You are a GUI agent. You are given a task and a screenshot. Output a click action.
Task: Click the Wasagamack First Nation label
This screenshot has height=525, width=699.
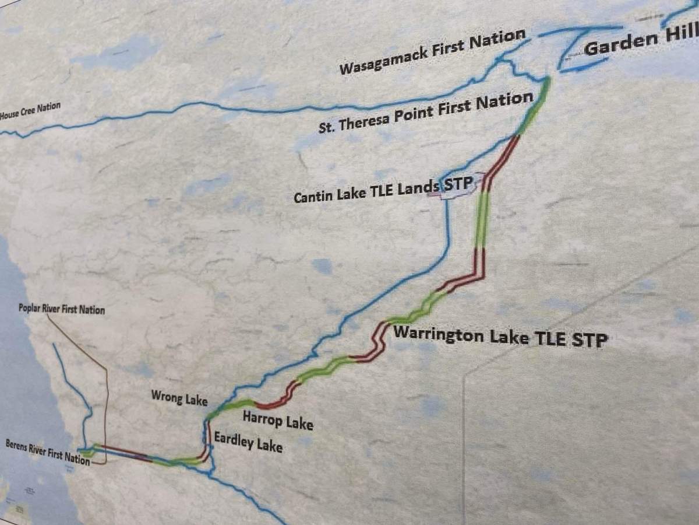tap(432, 52)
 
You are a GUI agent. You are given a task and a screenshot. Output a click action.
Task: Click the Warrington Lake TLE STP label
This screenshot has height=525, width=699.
tap(500, 337)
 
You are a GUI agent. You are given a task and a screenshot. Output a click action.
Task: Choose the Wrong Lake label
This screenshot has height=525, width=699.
tap(179, 398)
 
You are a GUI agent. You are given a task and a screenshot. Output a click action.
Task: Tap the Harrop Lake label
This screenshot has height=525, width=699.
tap(278, 420)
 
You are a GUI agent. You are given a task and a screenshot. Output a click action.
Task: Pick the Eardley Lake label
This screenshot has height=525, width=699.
tap(248, 442)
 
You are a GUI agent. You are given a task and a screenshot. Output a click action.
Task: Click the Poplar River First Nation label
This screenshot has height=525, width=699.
tap(62, 309)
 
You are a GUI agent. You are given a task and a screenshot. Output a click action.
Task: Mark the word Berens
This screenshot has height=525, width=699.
tap(16, 446)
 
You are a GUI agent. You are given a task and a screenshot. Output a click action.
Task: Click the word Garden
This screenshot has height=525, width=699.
tap(617, 47)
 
